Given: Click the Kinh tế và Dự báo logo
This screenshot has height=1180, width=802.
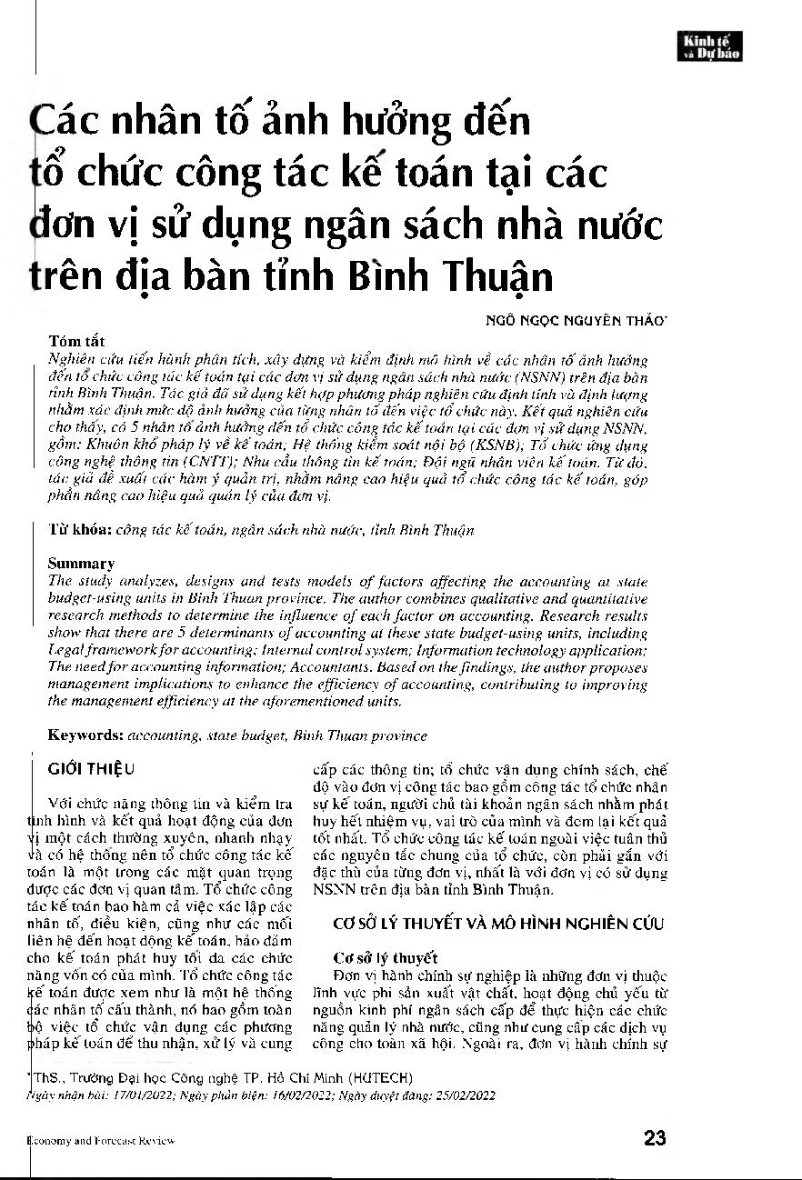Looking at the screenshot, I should click(714, 46).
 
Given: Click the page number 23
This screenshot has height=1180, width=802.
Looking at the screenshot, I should click(655, 1137).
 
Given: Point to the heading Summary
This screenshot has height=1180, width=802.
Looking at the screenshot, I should click(81, 564).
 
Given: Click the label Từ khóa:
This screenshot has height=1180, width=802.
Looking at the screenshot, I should click(80, 529).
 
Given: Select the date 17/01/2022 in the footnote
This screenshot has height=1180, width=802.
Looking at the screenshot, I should click(125, 1095).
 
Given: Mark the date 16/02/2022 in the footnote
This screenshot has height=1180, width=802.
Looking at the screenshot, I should click(290, 1095).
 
